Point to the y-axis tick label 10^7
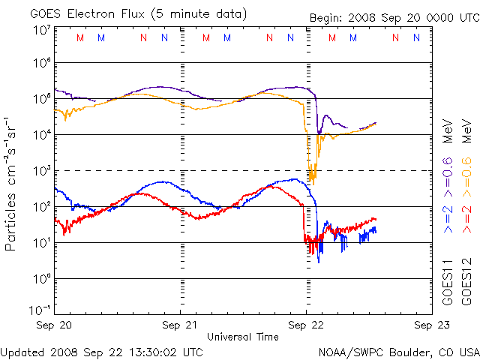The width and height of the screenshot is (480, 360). click(42, 29)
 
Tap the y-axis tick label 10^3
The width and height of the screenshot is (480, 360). click(42, 172)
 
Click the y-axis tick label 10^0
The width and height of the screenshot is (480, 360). click(42, 279)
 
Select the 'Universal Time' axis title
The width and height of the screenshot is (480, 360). click(242, 337)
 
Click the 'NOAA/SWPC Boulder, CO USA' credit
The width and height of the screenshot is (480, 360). click(397, 351)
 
